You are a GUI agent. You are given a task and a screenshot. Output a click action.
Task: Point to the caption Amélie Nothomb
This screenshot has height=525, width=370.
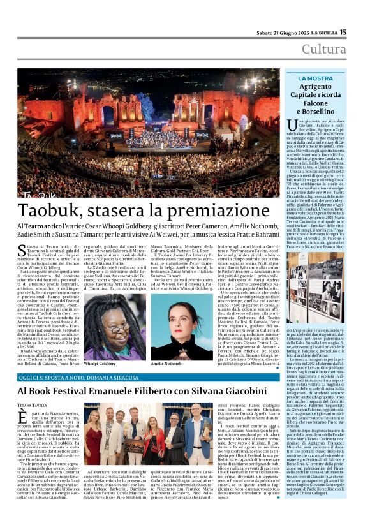point(165,362)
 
